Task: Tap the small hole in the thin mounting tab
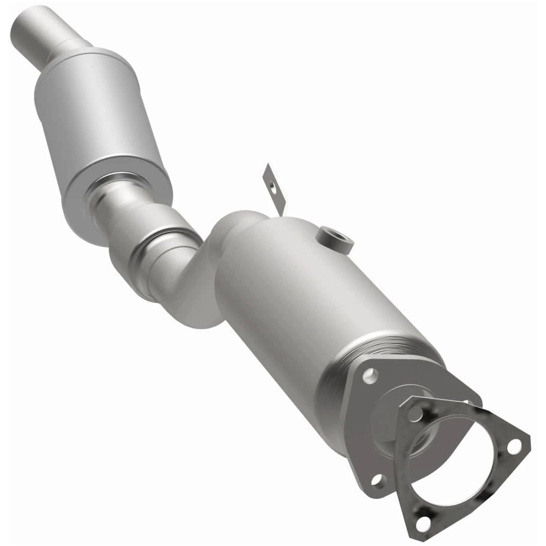click(x=272, y=185)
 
